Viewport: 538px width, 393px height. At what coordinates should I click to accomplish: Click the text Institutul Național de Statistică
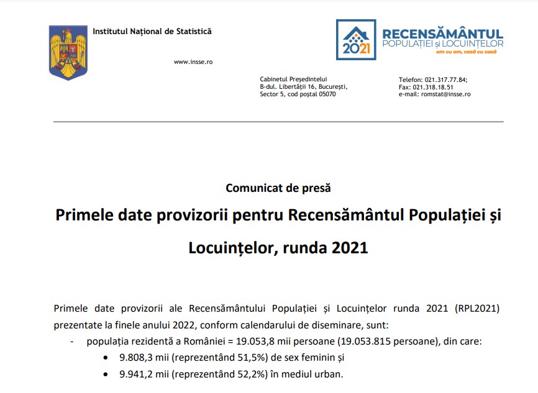click(x=152, y=31)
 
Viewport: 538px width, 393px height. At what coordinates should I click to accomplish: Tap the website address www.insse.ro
click(x=193, y=62)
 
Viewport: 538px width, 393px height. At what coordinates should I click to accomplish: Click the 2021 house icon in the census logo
click(x=356, y=38)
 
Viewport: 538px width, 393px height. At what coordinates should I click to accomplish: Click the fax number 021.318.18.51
click(x=440, y=88)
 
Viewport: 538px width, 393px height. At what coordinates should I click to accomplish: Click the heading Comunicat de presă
click(x=270, y=187)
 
